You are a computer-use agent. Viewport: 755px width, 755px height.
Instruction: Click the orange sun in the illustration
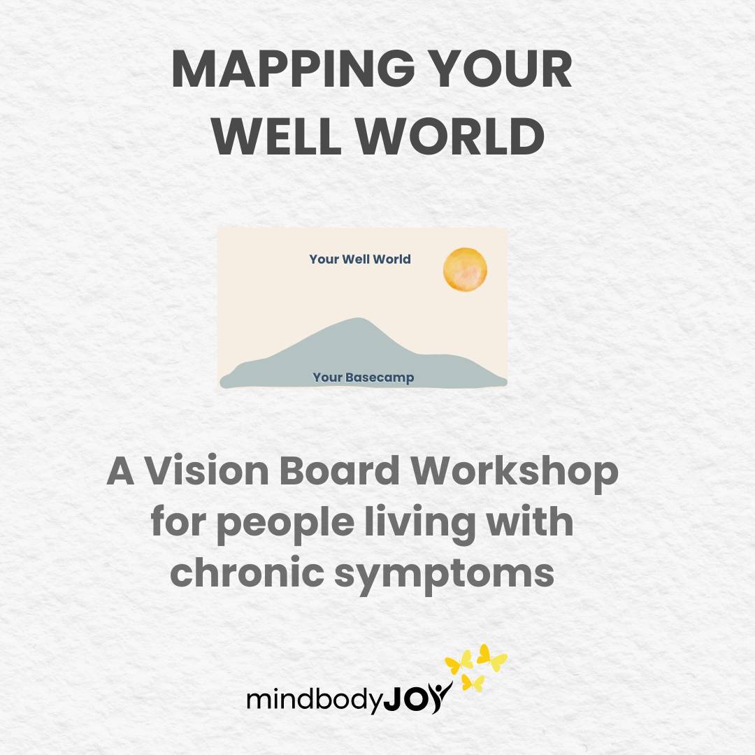point(465,269)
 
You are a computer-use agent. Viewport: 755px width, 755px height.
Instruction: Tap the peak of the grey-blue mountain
point(359,318)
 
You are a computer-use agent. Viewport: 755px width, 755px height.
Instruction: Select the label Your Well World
point(360,259)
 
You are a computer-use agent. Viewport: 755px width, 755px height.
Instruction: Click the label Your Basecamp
point(363,377)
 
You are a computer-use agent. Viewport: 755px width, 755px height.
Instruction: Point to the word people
point(286,524)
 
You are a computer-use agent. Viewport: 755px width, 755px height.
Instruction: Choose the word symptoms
point(444,575)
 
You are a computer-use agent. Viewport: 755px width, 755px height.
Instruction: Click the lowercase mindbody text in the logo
point(315,698)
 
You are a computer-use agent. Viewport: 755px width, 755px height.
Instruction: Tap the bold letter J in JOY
point(394,699)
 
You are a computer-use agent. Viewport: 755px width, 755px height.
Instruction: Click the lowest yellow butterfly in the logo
point(473,682)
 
